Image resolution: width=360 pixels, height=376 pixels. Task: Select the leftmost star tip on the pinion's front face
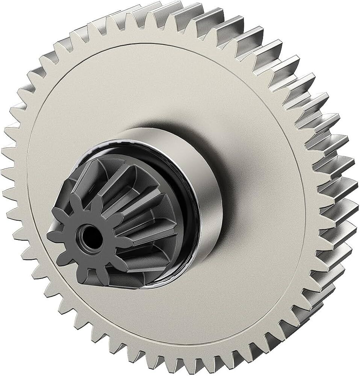point(49,236)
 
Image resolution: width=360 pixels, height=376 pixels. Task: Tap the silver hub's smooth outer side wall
point(210,180)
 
